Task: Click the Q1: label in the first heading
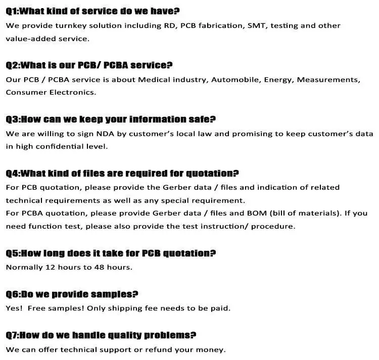click(x=12, y=11)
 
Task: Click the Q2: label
click(x=13, y=65)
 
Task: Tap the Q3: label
click(x=13, y=119)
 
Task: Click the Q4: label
click(x=13, y=173)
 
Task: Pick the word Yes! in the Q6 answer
click(x=14, y=308)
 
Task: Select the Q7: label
click(x=13, y=335)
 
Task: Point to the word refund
click(x=163, y=349)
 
